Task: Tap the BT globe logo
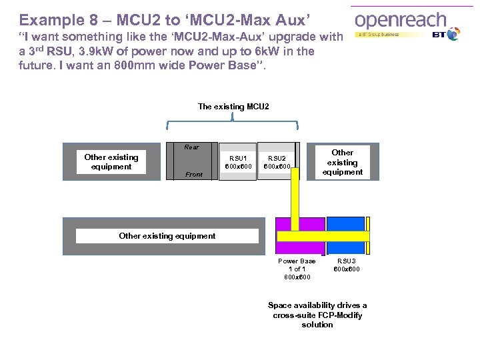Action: (x=453, y=34)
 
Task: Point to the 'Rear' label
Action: (x=191, y=147)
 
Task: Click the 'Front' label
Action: (x=194, y=175)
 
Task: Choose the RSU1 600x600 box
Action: (x=238, y=162)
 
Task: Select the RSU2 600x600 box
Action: (x=276, y=162)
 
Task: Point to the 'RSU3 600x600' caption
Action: (x=346, y=265)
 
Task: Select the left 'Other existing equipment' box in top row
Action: (x=111, y=162)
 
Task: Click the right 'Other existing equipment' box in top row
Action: (x=343, y=162)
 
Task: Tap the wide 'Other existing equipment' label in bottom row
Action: (x=167, y=235)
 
